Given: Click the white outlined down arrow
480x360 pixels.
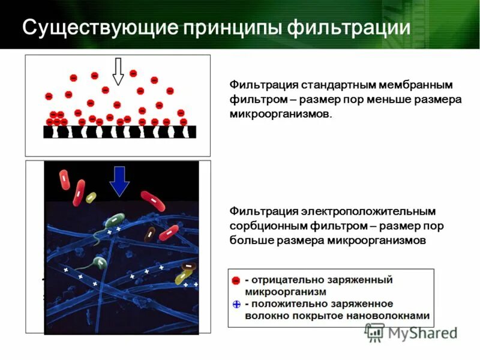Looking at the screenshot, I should point(118,71).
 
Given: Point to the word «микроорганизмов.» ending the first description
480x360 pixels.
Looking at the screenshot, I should point(280,114).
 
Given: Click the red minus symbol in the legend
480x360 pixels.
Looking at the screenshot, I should point(236,280).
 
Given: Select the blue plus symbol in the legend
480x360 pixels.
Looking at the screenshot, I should point(236,304).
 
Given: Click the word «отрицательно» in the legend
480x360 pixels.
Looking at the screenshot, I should point(284,280).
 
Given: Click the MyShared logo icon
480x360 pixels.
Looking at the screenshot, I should point(376,332).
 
